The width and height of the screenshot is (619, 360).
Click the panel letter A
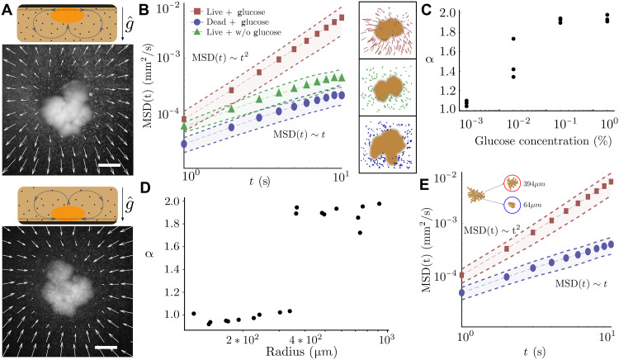click(7, 10)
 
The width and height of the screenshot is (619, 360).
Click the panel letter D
click(145, 188)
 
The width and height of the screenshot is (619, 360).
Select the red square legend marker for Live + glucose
click(198, 12)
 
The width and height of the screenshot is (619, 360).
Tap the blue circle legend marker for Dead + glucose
click(198, 22)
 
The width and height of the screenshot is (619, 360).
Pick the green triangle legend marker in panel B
click(198, 31)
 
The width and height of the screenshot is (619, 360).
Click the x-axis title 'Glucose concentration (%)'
click(543, 141)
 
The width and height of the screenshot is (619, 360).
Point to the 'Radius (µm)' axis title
click(300, 351)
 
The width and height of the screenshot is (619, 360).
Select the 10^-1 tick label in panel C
click(565, 123)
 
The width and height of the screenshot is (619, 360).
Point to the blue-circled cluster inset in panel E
click(512, 205)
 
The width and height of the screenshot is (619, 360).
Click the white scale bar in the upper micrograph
click(109, 164)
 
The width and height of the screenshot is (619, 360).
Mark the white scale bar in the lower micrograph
click(106, 348)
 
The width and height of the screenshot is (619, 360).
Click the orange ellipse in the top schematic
click(68, 16)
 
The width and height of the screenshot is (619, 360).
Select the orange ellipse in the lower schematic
click(69, 213)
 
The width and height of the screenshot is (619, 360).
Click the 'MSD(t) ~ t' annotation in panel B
click(300, 135)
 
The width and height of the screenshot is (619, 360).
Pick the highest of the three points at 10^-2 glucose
click(513, 39)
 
